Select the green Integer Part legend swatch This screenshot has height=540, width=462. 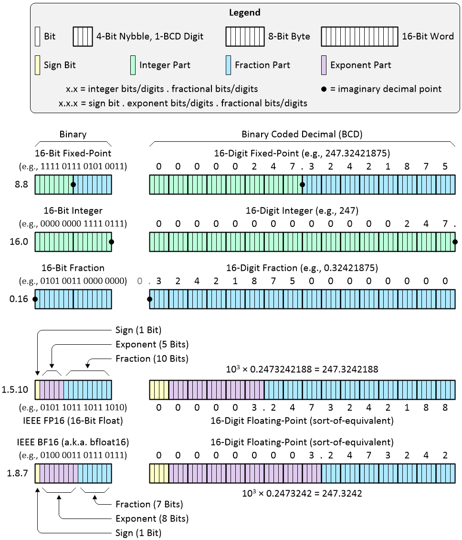pyautogui.click(x=132, y=65)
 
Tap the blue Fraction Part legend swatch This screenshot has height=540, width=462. pyautogui.click(x=228, y=65)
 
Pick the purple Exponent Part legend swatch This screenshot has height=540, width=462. pyautogui.click(x=323, y=65)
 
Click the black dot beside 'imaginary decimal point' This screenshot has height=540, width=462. pyautogui.click(x=324, y=89)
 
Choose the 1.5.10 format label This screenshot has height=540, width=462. pyautogui.click(x=17, y=390)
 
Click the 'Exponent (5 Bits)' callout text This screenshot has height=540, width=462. pyautogui.click(x=152, y=344)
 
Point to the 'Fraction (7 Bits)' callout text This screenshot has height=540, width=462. pyautogui.click(x=149, y=504)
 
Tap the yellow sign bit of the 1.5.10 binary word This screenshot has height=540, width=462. pyautogui.click(x=37, y=389)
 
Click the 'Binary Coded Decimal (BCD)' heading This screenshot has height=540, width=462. pyautogui.click(x=302, y=134)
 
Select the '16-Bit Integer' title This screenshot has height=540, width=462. pyautogui.click(x=73, y=210)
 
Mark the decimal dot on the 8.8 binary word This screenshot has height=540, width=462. pyautogui.click(x=73, y=184)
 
